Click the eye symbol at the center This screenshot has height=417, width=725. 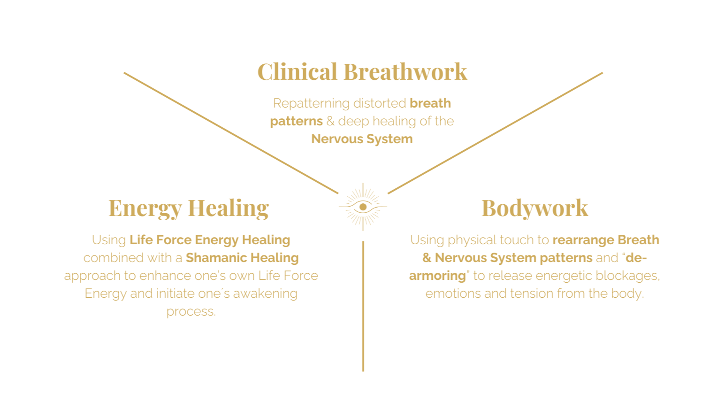(363, 207)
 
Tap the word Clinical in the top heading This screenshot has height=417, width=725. (298, 72)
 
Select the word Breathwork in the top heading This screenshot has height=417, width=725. (405, 72)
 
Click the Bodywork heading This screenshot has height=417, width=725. (534, 208)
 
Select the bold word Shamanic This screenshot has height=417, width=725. (212, 258)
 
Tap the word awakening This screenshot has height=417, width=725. (265, 294)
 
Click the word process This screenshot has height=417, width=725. (191, 312)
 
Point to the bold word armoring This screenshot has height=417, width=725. (437, 276)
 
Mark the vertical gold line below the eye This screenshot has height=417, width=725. (363, 305)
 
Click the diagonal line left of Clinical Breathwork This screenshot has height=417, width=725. (230, 132)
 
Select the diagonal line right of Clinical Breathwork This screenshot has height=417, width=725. (495, 133)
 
